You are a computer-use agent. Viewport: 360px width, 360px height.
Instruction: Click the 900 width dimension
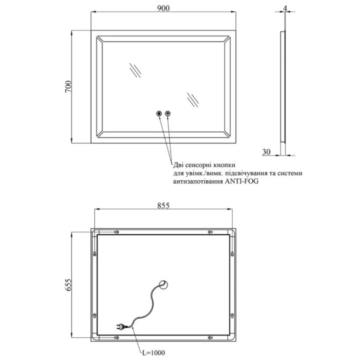click(x=163, y=8)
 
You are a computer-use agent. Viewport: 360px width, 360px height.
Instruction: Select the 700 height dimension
click(x=68, y=86)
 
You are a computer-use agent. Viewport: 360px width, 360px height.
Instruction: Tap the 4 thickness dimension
click(x=285, y=8)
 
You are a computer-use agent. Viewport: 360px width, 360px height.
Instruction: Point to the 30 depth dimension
click(x=266, y=152)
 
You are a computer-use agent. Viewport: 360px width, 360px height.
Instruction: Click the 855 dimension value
click(x=163, y=205)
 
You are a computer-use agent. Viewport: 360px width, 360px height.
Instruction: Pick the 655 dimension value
click(x=68, y=285)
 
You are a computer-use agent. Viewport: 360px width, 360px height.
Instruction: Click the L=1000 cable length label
click(x=153, y=352)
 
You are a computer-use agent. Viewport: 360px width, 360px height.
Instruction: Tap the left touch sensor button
click(x=159, y=113)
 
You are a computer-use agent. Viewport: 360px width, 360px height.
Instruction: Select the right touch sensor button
click(x=168, y=113)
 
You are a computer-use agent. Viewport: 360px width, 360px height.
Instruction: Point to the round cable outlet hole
click(x=164, y=285)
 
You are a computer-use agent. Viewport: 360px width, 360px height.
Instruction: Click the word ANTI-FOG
click(x=241, y=181)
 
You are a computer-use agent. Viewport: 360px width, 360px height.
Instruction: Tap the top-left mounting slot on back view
click(x=117, y=232)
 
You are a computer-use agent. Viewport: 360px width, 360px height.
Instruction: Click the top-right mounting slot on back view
click(x=210, y=232)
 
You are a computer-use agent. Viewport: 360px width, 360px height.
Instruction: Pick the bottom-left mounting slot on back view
click(x=117, y=338)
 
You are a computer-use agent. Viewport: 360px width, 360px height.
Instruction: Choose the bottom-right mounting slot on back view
click(x=210, y=338)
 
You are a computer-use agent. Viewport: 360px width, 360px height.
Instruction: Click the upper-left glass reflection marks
click(x=135, y=70)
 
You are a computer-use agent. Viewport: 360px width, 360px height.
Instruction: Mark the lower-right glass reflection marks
click(x=193, y=100)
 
